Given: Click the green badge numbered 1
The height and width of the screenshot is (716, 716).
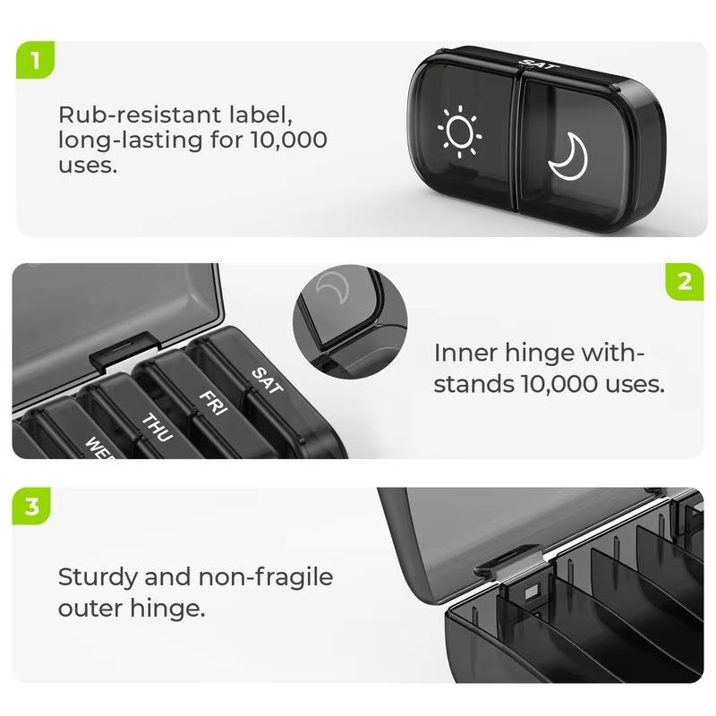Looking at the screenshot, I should (35, 60).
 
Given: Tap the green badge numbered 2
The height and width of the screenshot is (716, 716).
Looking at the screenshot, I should (685, 281).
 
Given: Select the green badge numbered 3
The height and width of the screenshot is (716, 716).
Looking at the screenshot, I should (32, 507).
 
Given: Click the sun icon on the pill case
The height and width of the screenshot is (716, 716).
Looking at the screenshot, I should (460, 133).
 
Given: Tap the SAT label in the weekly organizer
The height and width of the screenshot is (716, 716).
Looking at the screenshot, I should (265, 379).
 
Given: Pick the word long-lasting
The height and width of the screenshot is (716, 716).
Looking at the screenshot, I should (129, 140).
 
